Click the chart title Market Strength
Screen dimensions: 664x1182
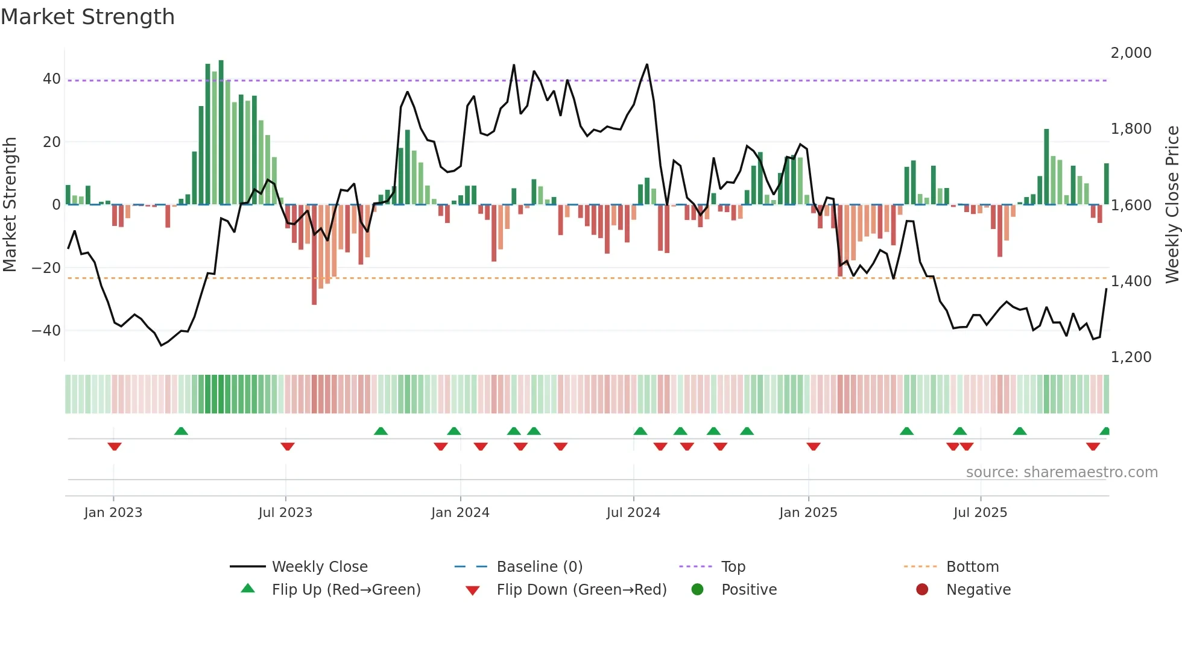point(87,17)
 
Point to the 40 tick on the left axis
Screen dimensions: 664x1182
point(51,79)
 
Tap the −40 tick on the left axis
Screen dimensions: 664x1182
point(46,330)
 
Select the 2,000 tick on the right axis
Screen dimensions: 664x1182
point(1131,53)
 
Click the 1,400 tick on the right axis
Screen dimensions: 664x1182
point(1131,281)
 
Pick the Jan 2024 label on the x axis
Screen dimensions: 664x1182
point(460,513)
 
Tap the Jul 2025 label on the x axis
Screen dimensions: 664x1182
point(980,513)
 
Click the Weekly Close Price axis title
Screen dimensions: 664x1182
point(1172,205)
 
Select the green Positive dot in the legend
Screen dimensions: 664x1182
point(698,590)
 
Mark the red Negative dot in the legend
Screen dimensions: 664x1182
point(922,590)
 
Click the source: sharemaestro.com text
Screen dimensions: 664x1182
point(1061,472)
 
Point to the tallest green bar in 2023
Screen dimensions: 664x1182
point(221,133)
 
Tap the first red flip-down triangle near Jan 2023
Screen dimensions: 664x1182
point(115,446)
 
